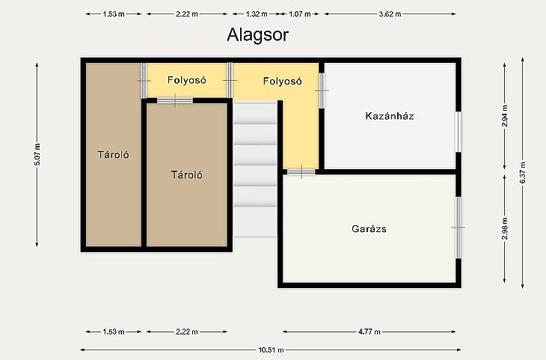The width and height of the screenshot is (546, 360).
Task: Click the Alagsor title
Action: click(x=258, y=35)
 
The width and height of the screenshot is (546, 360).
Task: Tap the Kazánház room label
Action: click(x=390, y=116)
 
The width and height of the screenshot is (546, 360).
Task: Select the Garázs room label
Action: click(x=369, y=229)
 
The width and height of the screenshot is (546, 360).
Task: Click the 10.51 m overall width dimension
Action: click(x=271, y=350)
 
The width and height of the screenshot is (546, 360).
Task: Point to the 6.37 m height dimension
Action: click(x=523, y=173)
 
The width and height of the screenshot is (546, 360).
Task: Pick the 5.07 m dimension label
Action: click(x=37, y=154)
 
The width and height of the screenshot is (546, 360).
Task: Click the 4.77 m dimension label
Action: click(x=369, y=332)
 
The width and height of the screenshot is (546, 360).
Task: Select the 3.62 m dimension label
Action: click(x=390, y=14)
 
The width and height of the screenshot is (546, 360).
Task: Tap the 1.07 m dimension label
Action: click(x=299, y=14)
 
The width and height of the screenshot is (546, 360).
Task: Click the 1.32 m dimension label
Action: click(x=257, y=14)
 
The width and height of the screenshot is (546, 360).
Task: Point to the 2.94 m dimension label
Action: click(x=505, y=116)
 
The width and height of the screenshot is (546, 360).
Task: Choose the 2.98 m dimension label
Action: click(x=505, y=228)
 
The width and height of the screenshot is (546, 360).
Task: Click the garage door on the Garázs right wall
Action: click(x=458, y=228)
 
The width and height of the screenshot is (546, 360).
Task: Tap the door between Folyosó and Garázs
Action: click(x=301, y=172)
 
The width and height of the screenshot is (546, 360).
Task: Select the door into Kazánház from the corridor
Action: click(x=322, y=91)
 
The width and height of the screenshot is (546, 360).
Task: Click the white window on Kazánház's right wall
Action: click(x=458, y=132)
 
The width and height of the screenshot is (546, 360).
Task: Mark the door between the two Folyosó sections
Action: click(x=230, y=81)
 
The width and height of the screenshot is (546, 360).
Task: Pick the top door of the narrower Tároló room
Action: click(x=144, y=81)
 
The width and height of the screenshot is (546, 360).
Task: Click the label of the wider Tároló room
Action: click(x=187, y=174)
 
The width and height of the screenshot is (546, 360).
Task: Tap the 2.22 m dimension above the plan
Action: click(x=187, y=14)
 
